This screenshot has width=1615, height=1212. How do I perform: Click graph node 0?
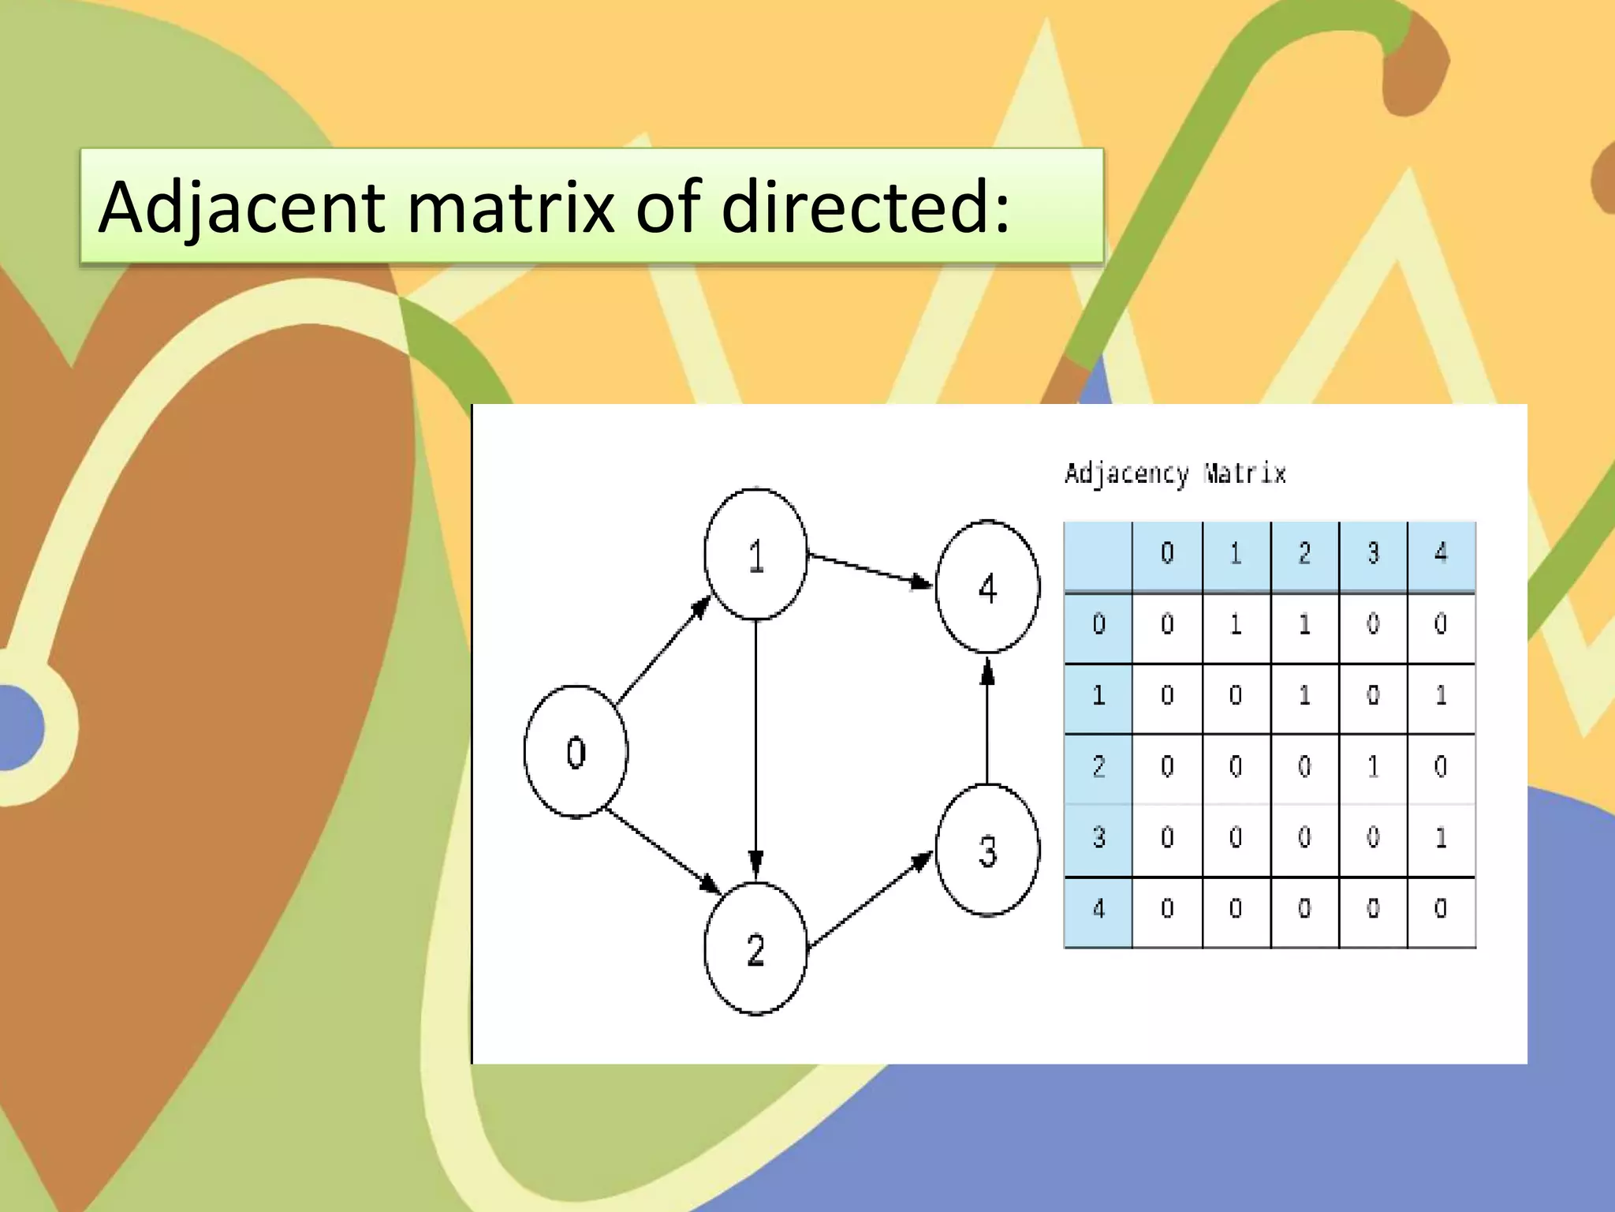(576, 751)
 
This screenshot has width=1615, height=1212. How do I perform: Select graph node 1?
(755, 554)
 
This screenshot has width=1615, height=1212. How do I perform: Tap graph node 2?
(755, 948)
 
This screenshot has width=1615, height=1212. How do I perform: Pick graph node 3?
(987, 851)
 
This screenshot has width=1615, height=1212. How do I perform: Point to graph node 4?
(987, 587)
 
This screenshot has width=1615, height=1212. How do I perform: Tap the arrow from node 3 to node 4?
(987, 720)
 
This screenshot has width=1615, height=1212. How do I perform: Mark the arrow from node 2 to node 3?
(871, 900)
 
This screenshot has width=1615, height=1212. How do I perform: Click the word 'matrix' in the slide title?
(509, 207)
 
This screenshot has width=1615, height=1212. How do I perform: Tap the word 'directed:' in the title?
(865, 207)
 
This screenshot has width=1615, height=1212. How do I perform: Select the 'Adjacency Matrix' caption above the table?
(1175, 474)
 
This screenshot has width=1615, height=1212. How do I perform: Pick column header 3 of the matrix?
(1373, 554)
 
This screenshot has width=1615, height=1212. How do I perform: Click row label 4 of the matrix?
(1098, 909)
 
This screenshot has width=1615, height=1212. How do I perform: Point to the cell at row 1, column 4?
(1441, 695)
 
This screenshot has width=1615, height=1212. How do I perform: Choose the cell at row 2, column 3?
(1373, 766)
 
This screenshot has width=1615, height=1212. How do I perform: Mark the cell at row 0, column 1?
(1236, 625)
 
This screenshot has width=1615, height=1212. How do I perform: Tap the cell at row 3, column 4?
(1441, 837)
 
